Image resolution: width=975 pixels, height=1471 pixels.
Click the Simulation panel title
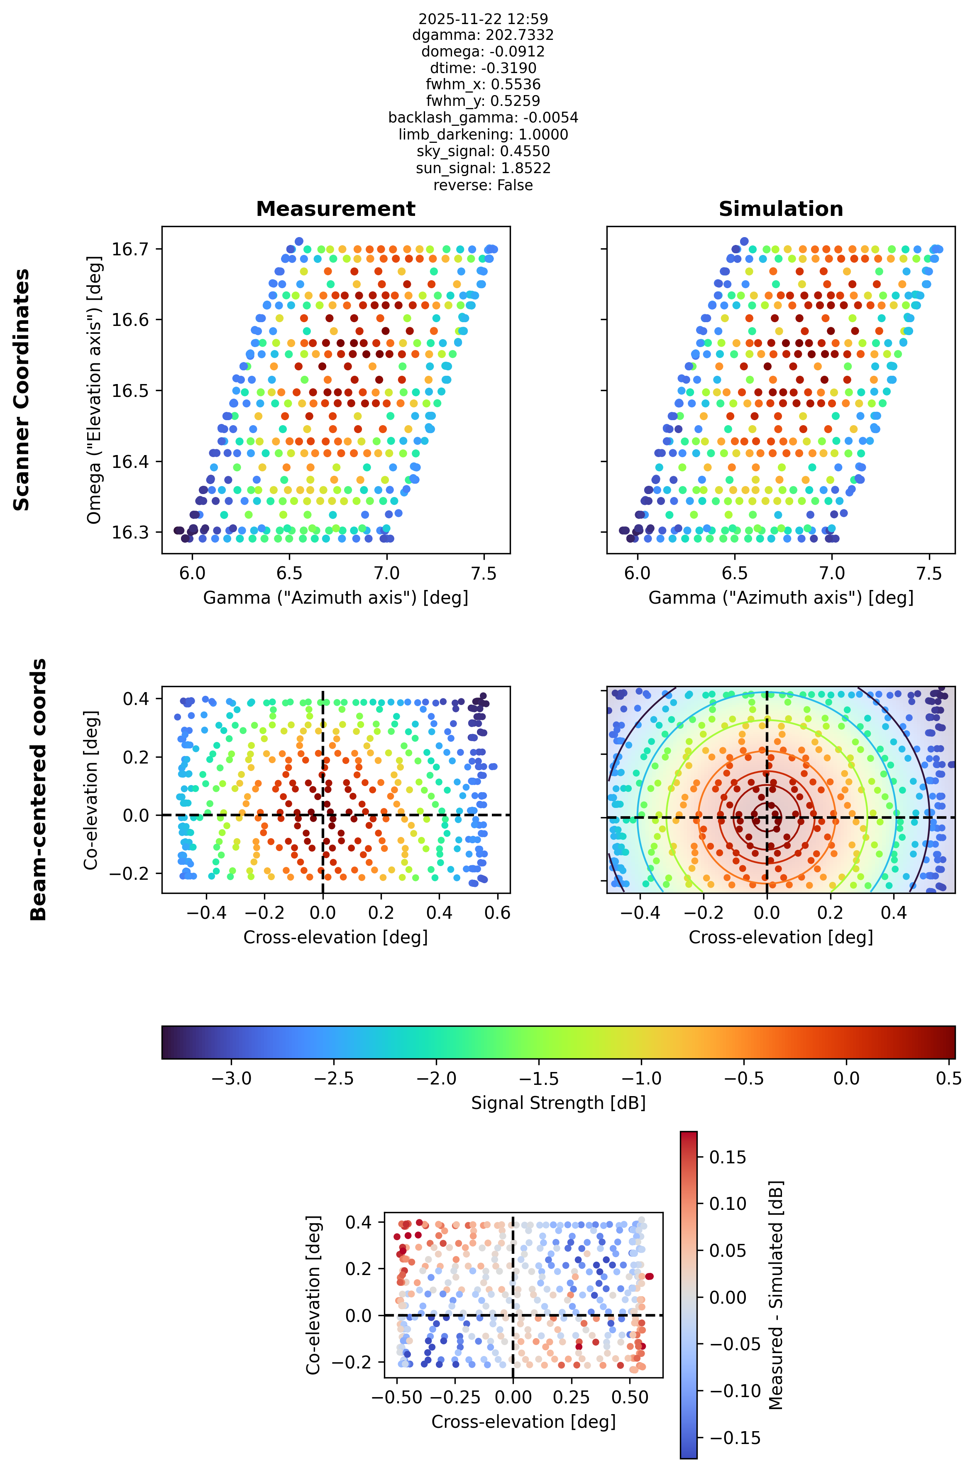[x=781, y=209]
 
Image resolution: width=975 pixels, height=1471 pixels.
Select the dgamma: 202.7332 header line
[x=483, y=35]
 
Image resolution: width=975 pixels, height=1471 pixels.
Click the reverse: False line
[x=483, y=185]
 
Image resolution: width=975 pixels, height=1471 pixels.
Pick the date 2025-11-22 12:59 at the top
[x=483, y=19]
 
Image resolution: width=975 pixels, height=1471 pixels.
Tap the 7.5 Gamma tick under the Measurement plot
[x=484, y=573]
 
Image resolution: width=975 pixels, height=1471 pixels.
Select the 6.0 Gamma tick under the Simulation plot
[x=638, y=573]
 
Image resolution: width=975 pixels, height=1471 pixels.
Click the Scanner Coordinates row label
[x=22, y=390]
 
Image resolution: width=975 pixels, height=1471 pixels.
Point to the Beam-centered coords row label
[x=39, y=790]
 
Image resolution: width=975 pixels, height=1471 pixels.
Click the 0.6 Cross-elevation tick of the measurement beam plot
[x=497, y=913]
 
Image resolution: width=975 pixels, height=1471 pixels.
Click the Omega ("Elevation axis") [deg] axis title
[x=95, y=390]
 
